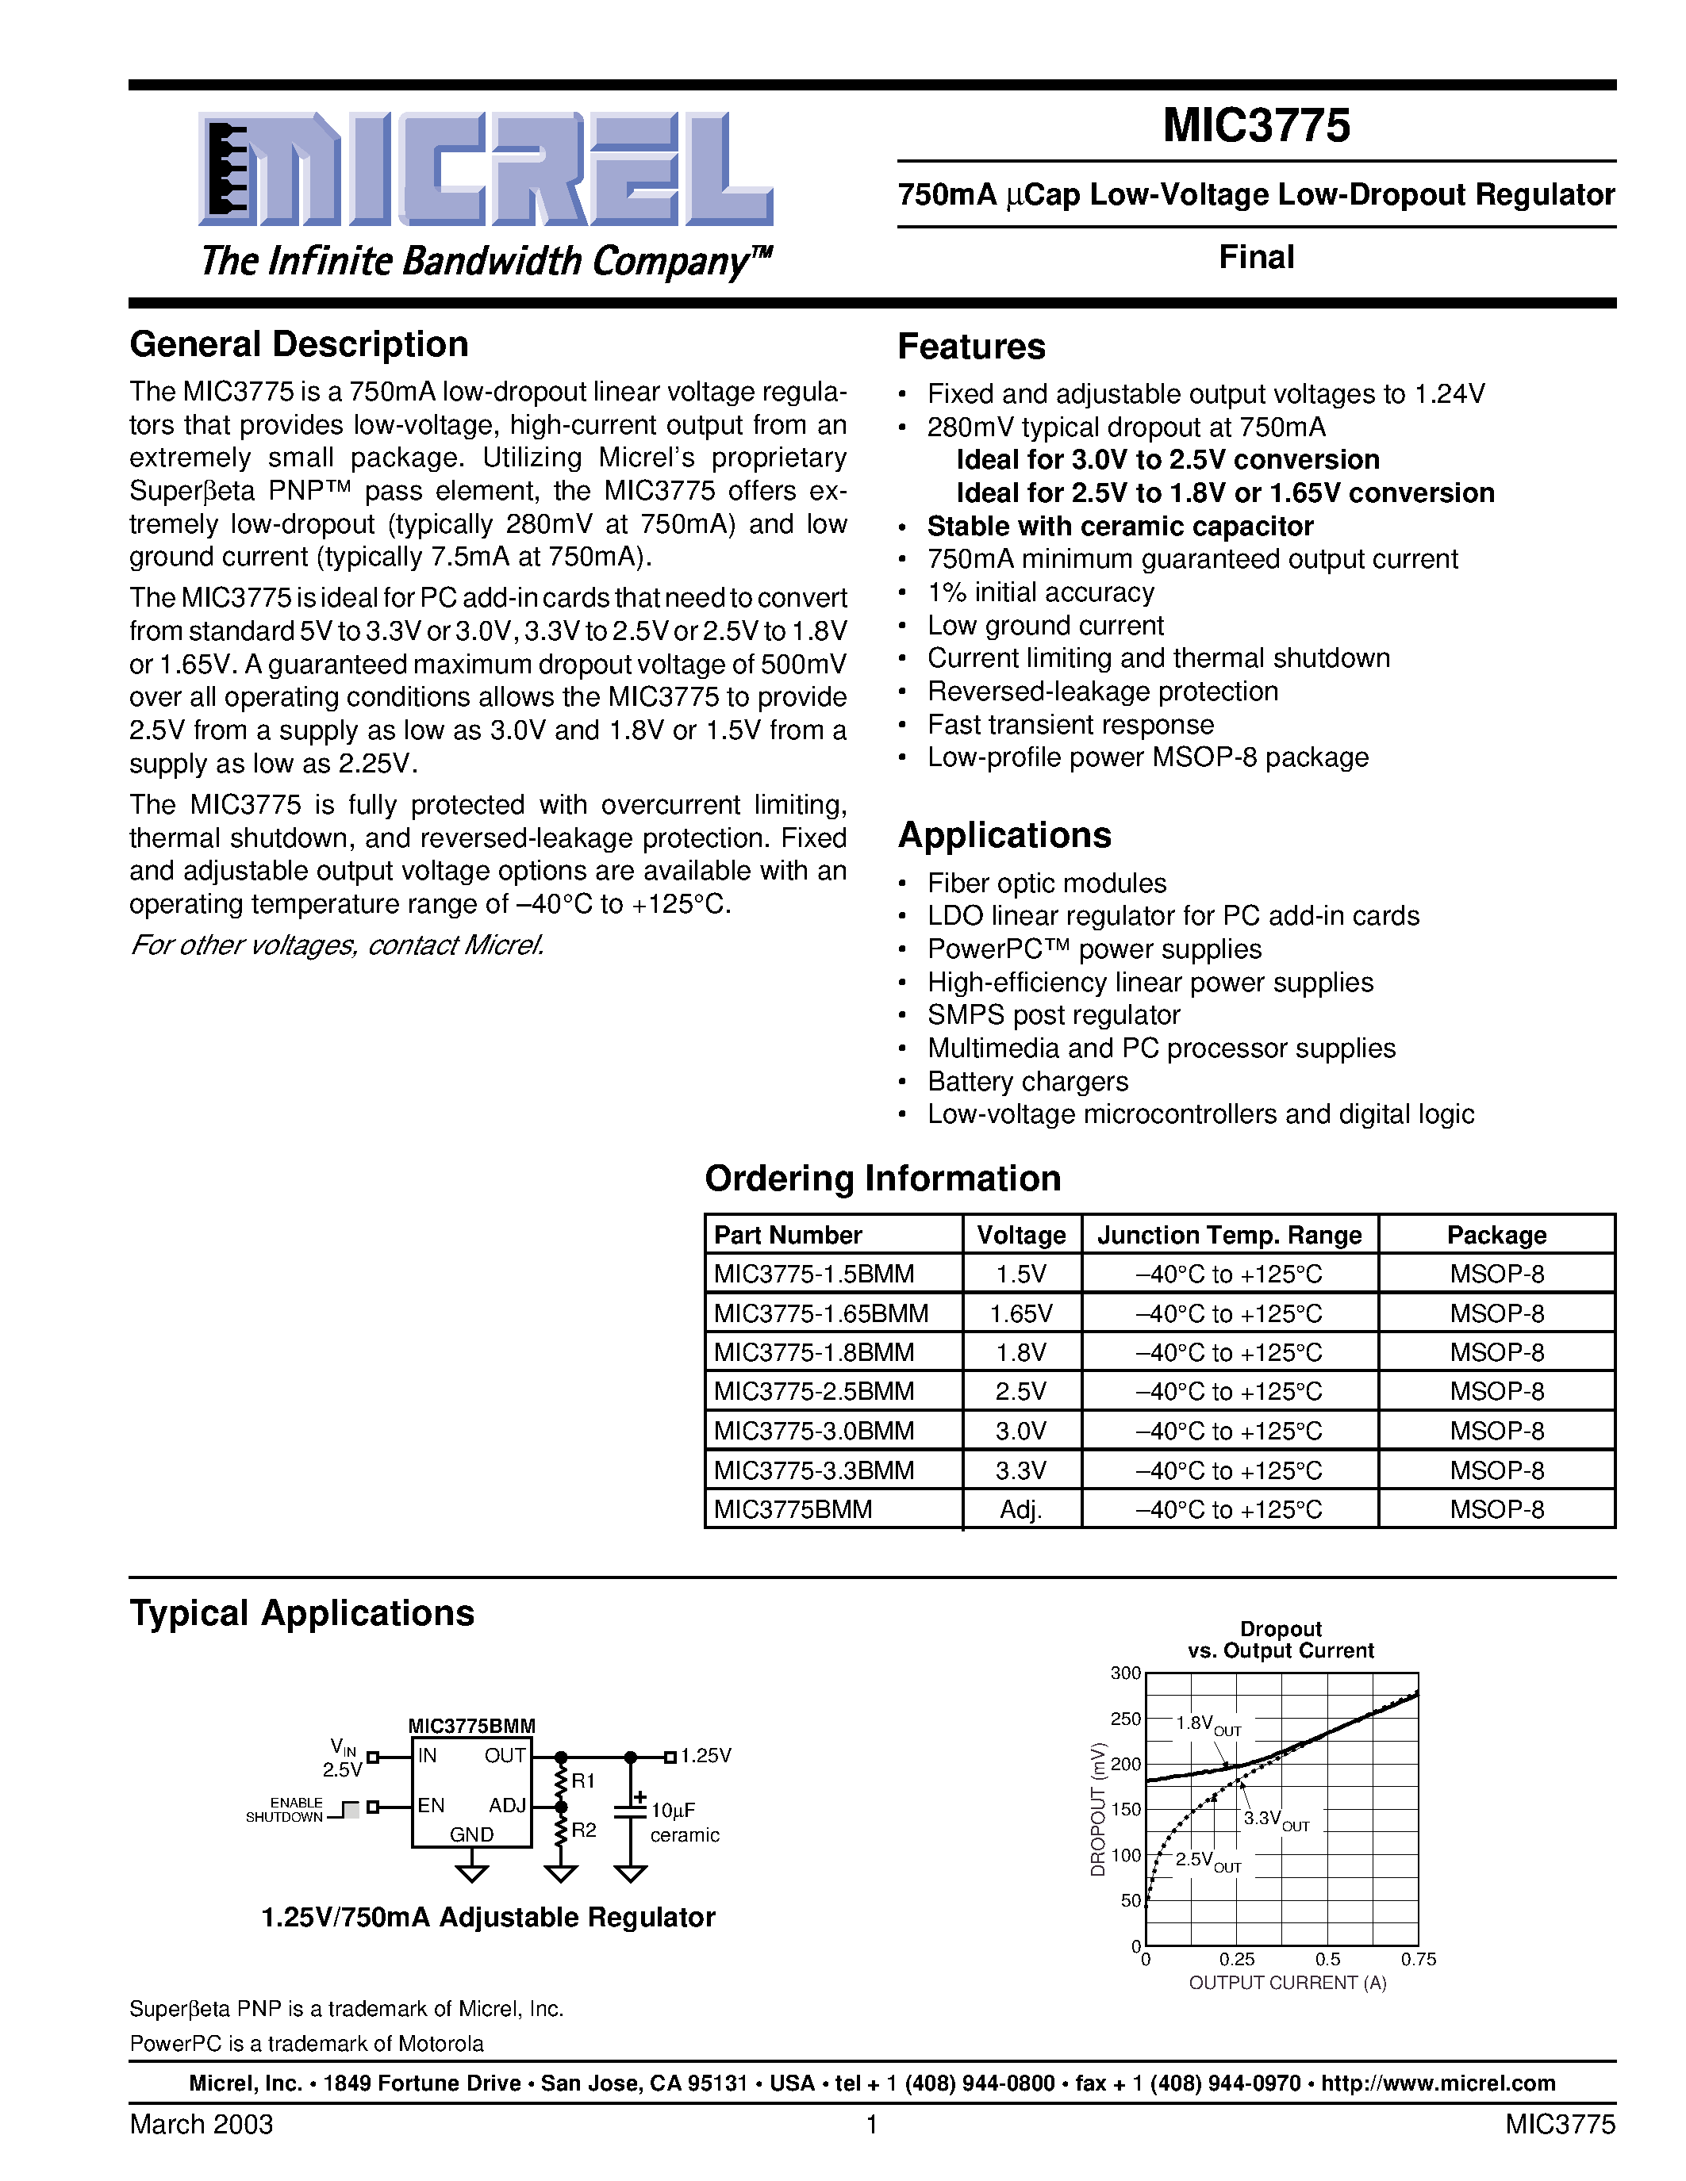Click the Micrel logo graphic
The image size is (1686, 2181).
pos(486,170)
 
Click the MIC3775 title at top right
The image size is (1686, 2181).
pos(1255,126)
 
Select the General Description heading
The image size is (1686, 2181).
pos(298,344)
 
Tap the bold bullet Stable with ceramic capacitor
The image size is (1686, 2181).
pos(1120,527)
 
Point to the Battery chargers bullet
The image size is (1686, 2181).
pos(1027,1082)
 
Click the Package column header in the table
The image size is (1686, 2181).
pos(1496,1236)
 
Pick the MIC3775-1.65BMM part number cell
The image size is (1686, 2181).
pos(821,1313)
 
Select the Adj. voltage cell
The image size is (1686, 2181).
pos(1021,1510)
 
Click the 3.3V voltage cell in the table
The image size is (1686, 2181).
pos(1021,1470)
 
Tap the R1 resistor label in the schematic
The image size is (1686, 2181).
pos(583,1780)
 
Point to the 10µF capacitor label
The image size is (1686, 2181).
pos(673,1811)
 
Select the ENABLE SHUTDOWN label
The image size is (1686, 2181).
pos(285,1810)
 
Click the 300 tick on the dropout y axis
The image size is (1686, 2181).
pos(1126,1673)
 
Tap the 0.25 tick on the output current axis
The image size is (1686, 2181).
pos(1237,1959)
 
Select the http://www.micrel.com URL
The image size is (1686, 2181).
pos(1438,2083)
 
